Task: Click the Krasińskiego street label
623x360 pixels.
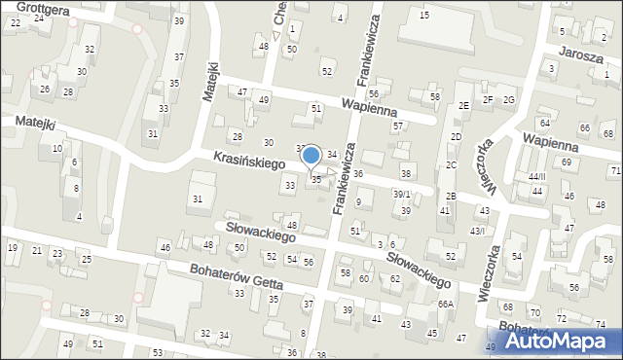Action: click(x=243, y=160)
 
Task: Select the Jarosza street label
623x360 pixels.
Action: click(x=581, y=56)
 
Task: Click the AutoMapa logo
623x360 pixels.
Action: click(x=563, y=341)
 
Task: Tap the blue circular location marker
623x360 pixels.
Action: click(x=311, y=156)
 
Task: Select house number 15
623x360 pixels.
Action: click(x=423, y=15)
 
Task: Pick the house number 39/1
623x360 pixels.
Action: click(x=400, y=195)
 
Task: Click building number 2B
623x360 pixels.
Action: click(x=450, y=197)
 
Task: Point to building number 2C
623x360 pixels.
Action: click(x=452, y=164)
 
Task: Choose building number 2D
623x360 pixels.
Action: click(x=455, y=136)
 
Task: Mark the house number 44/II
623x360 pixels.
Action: click(x=534, y=176)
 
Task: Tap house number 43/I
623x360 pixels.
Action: click(x=477, y=231)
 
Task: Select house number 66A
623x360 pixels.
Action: click(x=445, y=305)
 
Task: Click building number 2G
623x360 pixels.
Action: click(x=508, y=99)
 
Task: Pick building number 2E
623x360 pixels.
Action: click(x=464, y=104)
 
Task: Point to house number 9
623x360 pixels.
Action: click(x=358, y=201)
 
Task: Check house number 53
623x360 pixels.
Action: click(x=157, y=351)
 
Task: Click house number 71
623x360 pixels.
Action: click(x=615, y=170)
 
